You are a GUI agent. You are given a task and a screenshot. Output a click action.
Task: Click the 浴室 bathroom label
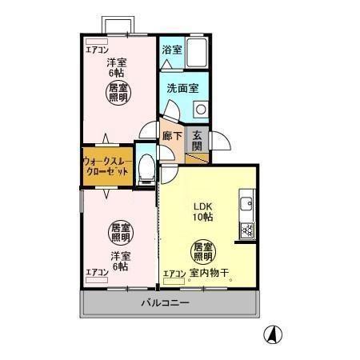(172, 50)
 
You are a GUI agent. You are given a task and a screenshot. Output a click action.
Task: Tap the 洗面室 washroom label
(182, 89)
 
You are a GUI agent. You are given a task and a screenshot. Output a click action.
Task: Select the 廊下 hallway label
(172, 137)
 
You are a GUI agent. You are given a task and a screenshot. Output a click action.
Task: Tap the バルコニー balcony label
(166, 303)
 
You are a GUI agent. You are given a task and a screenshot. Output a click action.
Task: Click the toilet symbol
(146, 168)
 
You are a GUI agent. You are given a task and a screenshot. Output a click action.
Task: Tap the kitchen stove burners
(247, 232)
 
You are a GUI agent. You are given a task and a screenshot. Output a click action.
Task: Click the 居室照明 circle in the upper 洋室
(119, 93)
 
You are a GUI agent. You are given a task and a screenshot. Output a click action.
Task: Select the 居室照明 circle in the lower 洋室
(120, 232)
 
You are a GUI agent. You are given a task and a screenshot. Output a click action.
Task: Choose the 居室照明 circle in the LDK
(201, 251)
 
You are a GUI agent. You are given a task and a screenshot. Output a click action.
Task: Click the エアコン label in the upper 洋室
(98, 50)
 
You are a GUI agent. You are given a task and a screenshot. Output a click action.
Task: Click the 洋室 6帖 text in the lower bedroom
(120, 261)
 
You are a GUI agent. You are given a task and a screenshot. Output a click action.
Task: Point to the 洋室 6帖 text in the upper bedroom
(118, 68)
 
